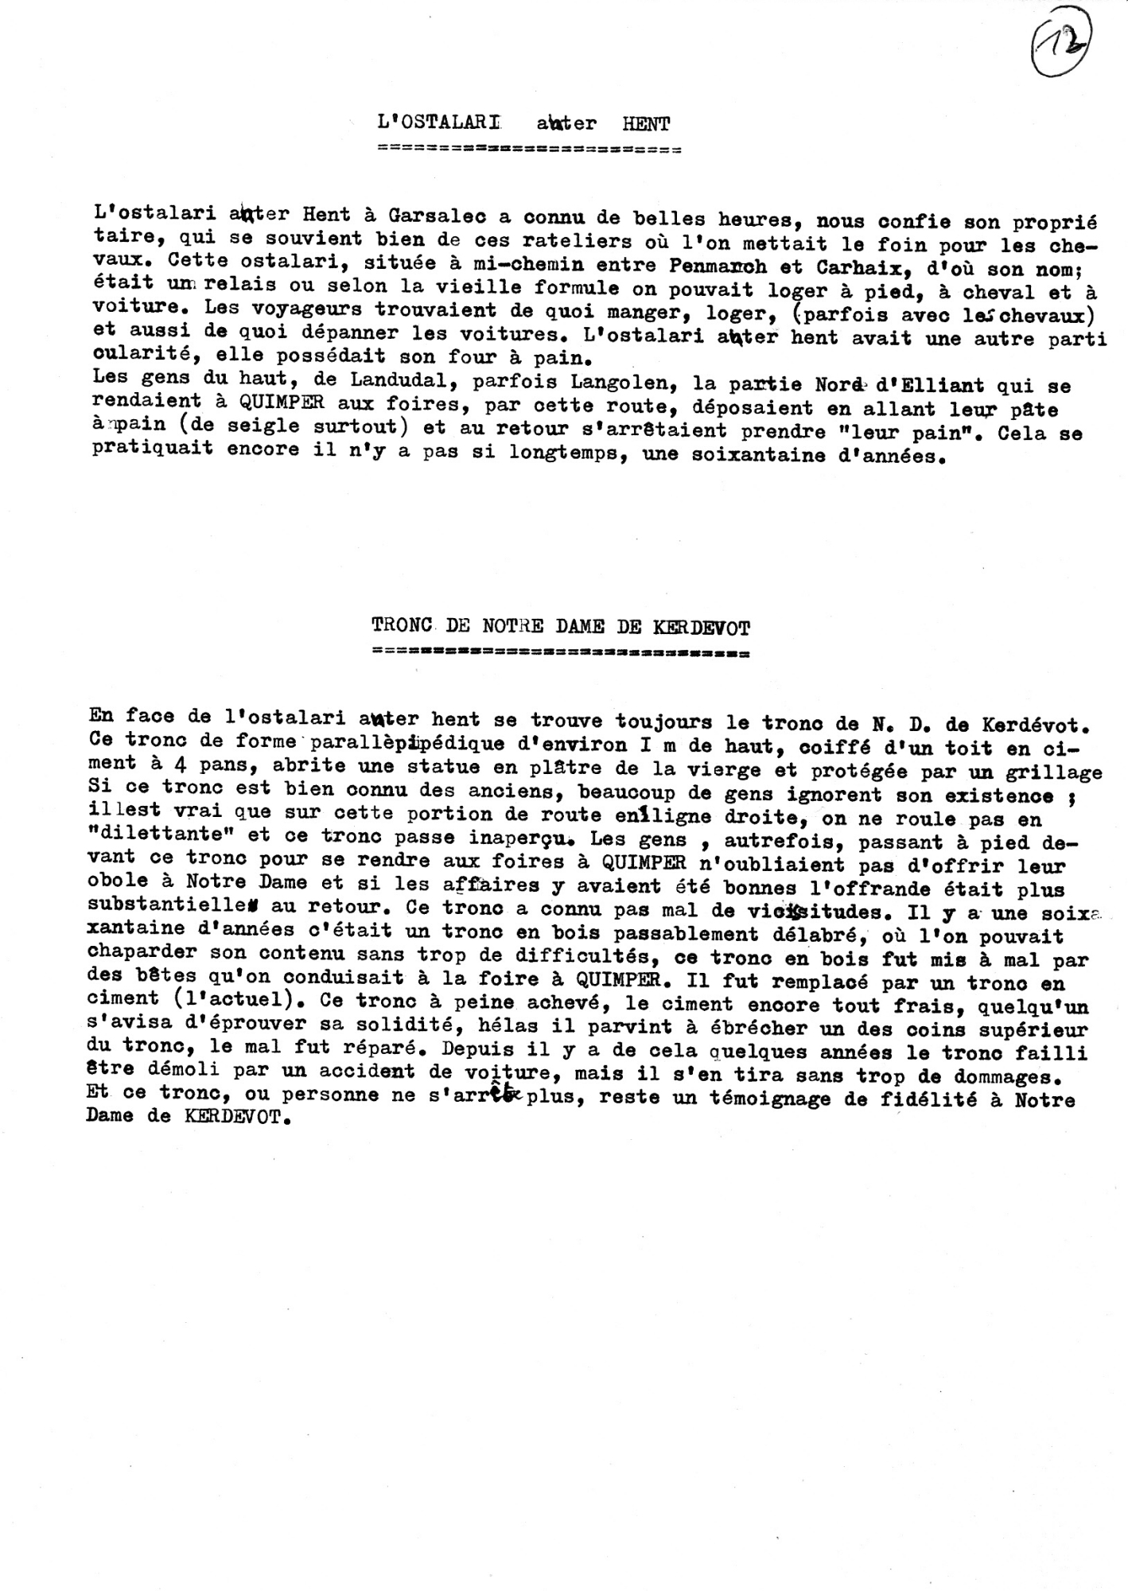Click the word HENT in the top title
pyautogui.click(x=646, y=123)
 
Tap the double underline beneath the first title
pyautogui.click(x=531, y=149)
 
